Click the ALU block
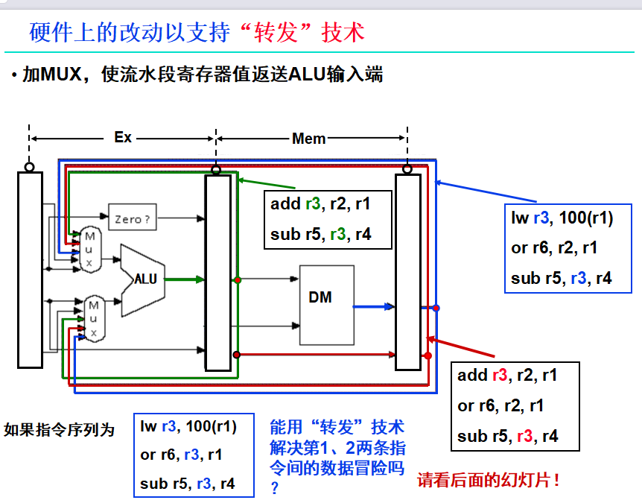[x=144, y=279]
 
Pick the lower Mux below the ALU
[x=93, y=318]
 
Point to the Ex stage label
[x=123, y=138]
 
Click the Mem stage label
[x=308, y=139]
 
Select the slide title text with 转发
[x=197, y=32]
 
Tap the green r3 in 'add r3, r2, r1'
[x=314, y=203]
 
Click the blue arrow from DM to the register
[x=373, y=306]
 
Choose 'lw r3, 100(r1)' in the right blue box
[x=562, y=218]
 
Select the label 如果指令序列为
[x=60, y=430]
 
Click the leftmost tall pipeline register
[x=30, y=269]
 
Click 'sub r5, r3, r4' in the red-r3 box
[x=507, y=436]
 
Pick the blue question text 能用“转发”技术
[x=337, y=427]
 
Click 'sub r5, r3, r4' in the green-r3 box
[x=320, y=235]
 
